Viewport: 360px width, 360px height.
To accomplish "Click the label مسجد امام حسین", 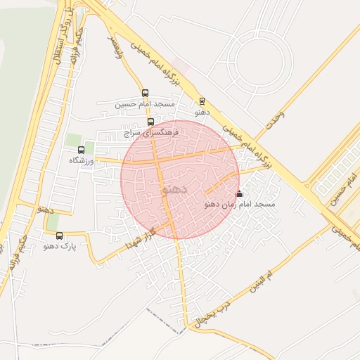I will pyautogui.click(x=146, y=104).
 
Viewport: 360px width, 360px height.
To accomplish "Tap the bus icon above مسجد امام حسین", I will pyautogui.click(x=146, y=93).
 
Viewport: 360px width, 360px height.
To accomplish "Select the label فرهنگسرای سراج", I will pyautogui.click(x=151, y=131).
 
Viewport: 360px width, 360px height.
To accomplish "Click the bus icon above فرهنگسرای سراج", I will pyautogui.click(x=150, y=122).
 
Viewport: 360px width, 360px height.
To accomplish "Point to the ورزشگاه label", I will pyautogui.click(x=82, y=160).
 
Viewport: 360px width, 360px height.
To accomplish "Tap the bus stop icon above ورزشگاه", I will pyautogui.click(x=81, y=150).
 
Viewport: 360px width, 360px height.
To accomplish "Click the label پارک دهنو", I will pyautogui.click(x=59, y=246).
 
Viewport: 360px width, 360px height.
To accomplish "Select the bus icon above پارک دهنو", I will pyautogui.click(x=59, y=236).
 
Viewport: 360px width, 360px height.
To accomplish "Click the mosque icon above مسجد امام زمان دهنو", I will pyautogui.click(x=239, y=193).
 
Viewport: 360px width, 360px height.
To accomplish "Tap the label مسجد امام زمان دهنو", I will pyautogui.click(x=239, y=204).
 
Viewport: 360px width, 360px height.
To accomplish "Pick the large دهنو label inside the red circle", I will pyautogui.click(x=174, y=189).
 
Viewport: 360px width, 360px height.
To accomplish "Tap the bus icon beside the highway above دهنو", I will pyautogui.click(x=202, y=101).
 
